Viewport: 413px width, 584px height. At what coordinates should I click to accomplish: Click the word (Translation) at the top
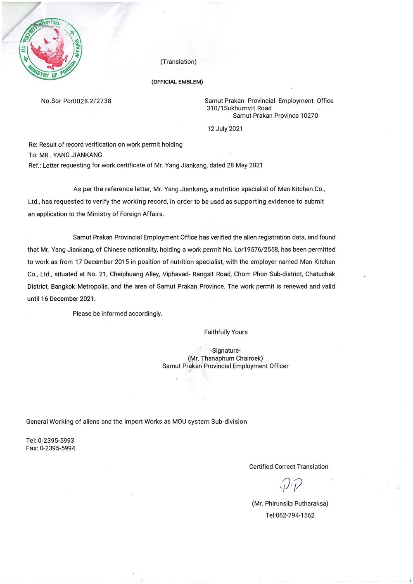(178, 62)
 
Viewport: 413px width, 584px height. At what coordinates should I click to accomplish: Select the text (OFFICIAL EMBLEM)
(178, 82)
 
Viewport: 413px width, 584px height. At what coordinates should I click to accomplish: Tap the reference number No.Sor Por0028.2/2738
(76, 101)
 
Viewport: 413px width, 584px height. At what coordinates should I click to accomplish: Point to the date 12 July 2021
(225, 129)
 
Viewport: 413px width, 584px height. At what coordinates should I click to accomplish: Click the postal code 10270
(309, 116)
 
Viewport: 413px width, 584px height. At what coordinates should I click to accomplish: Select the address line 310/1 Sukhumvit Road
(239, 108)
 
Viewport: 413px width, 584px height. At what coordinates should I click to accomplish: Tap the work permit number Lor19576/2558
(252, 249)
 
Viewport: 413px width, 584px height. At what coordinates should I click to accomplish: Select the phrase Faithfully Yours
(226, 332)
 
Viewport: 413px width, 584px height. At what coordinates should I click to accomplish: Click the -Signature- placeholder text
(225, 351)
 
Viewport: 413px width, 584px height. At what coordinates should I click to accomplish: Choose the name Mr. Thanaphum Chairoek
(225, 358)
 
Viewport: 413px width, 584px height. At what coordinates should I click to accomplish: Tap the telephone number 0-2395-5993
(56, 441)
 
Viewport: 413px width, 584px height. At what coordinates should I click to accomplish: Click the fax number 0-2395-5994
(57, 448)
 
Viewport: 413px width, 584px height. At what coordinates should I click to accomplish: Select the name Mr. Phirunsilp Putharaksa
(290, 503)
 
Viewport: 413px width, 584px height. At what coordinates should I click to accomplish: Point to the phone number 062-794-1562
(295, 515)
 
